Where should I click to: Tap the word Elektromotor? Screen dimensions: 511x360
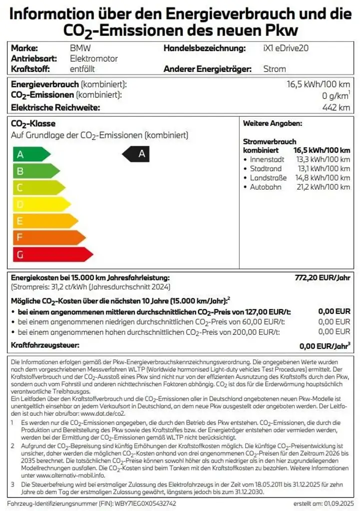(94, 59)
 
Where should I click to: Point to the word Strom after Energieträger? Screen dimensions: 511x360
(275, 69)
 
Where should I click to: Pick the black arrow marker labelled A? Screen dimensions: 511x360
(136, 154)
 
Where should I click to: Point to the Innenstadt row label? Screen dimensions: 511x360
(267, 160)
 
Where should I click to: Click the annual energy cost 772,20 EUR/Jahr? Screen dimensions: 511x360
(323, 277)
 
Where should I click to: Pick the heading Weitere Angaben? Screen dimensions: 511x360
(272, 123)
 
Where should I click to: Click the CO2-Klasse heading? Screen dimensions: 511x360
(33, 124)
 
